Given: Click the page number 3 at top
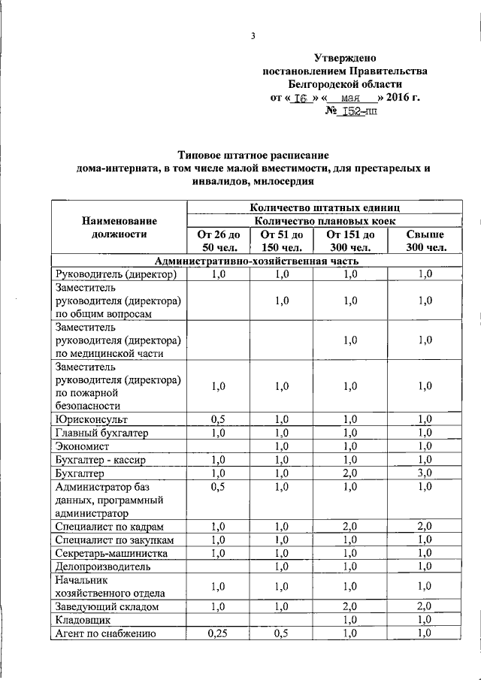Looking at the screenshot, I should click(253, 35).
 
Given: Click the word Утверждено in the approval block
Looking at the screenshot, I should click(344, 58).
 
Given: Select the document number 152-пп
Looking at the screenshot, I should click(351, 111).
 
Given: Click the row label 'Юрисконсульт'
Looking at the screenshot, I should click(86, 419).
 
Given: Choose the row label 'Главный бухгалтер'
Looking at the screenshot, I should click(101, 433).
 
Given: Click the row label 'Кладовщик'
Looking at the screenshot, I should click(83, 621).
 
